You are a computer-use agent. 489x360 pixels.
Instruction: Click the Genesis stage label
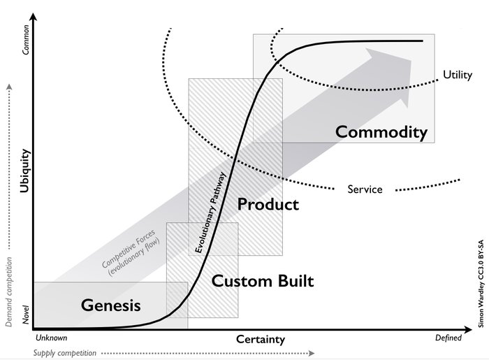coord(111,305)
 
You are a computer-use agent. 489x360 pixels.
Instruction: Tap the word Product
coord(268,204)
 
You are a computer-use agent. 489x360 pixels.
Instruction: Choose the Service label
coord(365,189)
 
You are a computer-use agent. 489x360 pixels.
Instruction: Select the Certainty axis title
coord(261,340)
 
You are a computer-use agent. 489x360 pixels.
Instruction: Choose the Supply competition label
coord(65,353)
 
